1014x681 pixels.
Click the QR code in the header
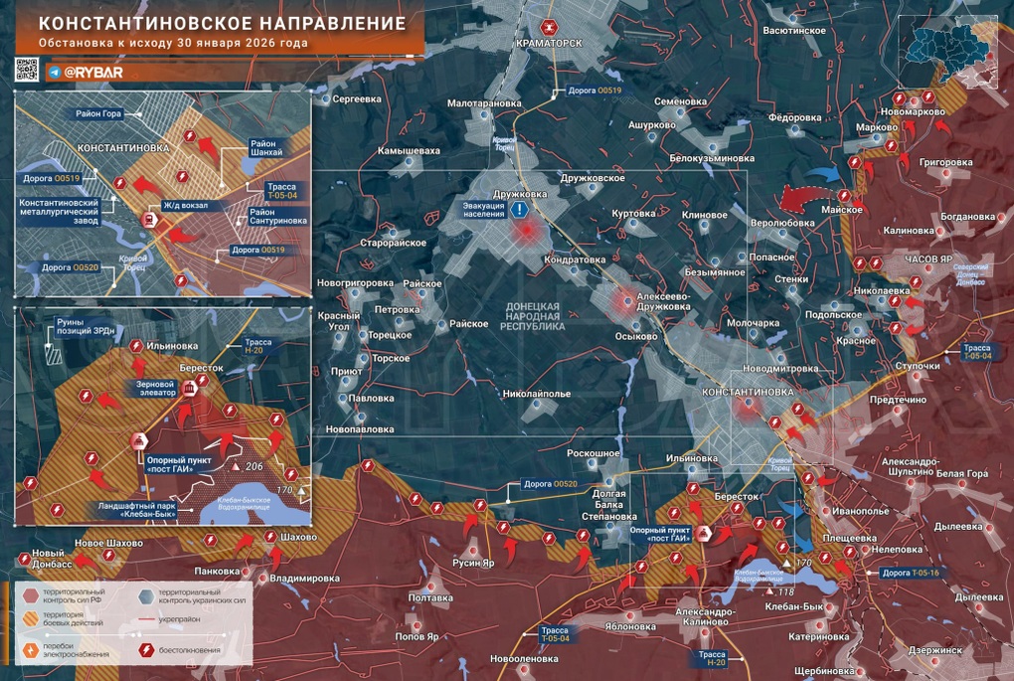27,71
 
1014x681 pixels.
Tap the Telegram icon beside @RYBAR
54,73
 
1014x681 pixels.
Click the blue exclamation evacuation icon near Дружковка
520,210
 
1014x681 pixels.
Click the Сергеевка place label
357,99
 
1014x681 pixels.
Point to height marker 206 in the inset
252,465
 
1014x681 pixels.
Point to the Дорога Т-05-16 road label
915,573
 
